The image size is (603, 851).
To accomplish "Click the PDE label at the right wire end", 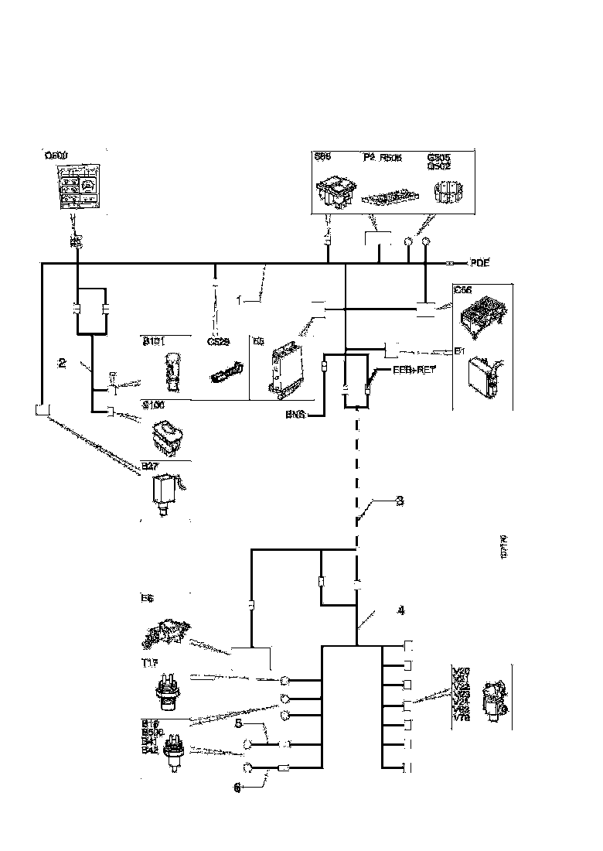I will click(x=480, y=263).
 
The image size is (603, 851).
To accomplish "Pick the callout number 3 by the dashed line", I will click(x=399, y=501).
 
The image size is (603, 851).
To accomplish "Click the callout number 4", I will click(x=400, y=610).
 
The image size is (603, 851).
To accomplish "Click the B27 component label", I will click(x=149, y=466).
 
